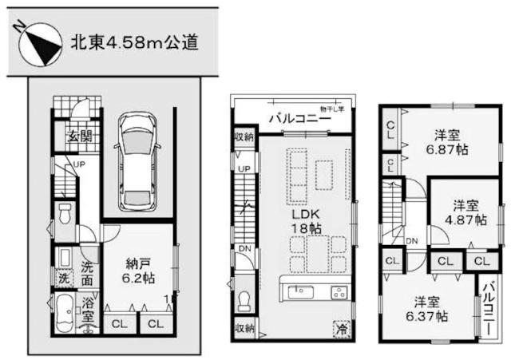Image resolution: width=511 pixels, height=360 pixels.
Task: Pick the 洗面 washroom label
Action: click(x=88, y=275)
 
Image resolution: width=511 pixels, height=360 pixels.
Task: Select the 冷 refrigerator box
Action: click(x=341, y=326)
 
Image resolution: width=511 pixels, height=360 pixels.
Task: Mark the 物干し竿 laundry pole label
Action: click(x=332, y=109)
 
